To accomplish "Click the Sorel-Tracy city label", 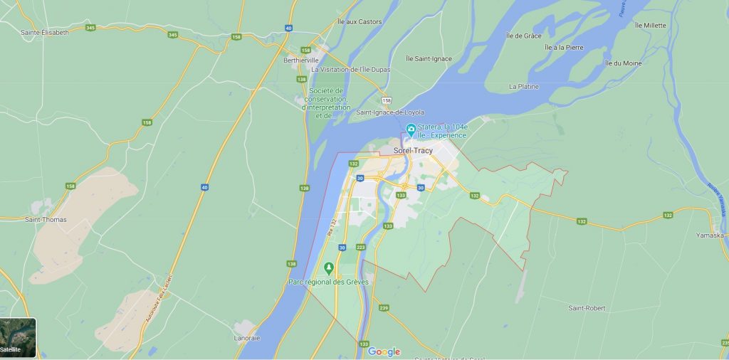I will click(x=413, y=151).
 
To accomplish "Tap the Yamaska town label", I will click(x=710, y=234).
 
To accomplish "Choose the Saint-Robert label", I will click(x=588, y=307).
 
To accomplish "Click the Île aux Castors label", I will click(x=360, y=22).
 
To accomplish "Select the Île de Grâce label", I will click(x=523, y=36).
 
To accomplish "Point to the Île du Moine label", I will click(x=623, y=63).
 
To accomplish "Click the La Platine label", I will click(x=523, y=86).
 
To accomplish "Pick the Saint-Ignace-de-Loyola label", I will click(x=390, y=112).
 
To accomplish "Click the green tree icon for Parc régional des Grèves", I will click(x=328, y=268).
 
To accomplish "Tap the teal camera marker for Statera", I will click(x=411, y=129).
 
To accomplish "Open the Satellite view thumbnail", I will click(x=19, y=337).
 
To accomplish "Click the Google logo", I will click(x=384, y=351).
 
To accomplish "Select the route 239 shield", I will click(x=384, y=307).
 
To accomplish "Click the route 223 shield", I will click(x=360, y=247).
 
